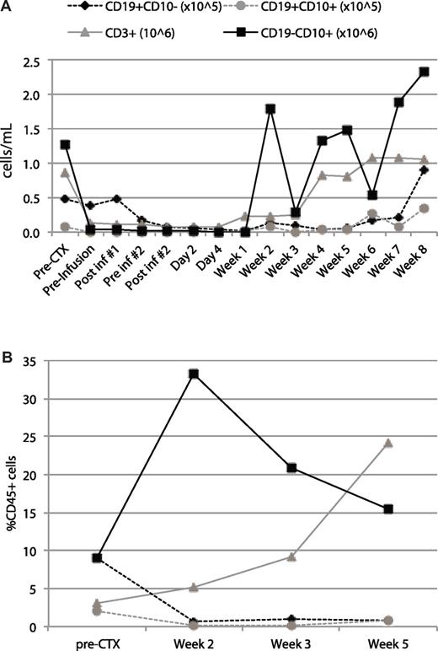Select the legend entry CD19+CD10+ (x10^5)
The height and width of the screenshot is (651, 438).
click(x=343, y=8)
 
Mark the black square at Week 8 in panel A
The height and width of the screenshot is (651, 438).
click(x=424, y=72)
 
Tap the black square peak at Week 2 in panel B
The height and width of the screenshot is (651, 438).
click(x=171, y=374)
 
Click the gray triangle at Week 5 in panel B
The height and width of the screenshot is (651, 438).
click(x=389, y=443)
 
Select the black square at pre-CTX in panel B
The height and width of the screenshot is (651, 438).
click(x=75, y=557)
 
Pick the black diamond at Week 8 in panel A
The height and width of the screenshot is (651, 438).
click(x=424, y=170)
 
